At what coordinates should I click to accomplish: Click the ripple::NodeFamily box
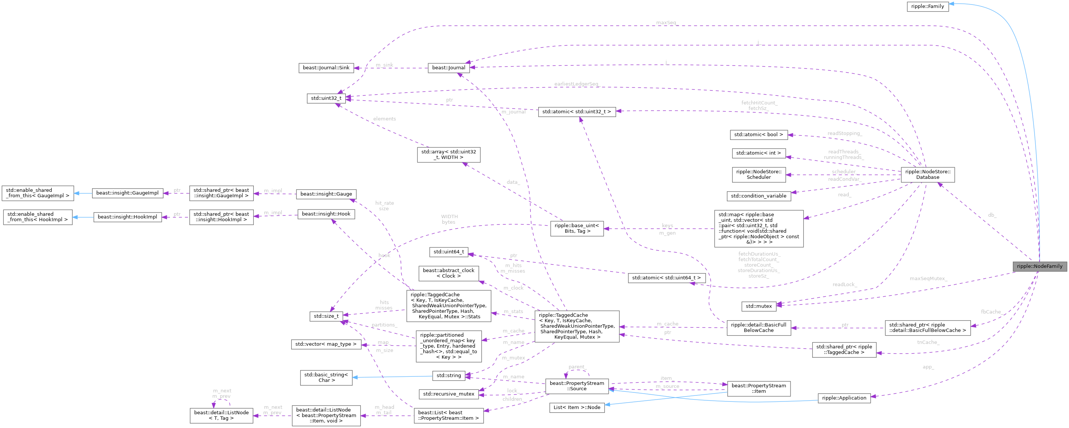tap(1039, 267)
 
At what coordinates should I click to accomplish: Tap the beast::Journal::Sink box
tap(326, 68)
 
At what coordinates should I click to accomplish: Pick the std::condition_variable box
tap(758, 196)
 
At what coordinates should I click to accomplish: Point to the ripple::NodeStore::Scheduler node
tap(758, 174)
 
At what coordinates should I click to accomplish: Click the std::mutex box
tap(758, 306)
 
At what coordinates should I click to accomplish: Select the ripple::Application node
tap(844, 398)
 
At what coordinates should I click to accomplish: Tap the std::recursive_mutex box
tap(448, 394)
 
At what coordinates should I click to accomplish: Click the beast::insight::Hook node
tap(326, 214)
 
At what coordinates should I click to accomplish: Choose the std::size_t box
tap(326, 316)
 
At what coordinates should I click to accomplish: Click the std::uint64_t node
tap(448, 252)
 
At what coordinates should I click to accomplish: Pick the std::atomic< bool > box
tap(758, 134)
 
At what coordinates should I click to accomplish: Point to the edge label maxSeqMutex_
tap(928, 279)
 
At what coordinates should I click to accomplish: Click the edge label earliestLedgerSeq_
tap(577, 84)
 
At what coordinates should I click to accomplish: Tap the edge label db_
tap(992, 215)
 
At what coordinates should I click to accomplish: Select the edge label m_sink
tap(384, 65)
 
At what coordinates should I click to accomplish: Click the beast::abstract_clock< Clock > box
tap(448, 273)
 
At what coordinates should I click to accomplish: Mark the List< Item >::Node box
tap(576, 407)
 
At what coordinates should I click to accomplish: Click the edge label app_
tap(928, 367)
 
